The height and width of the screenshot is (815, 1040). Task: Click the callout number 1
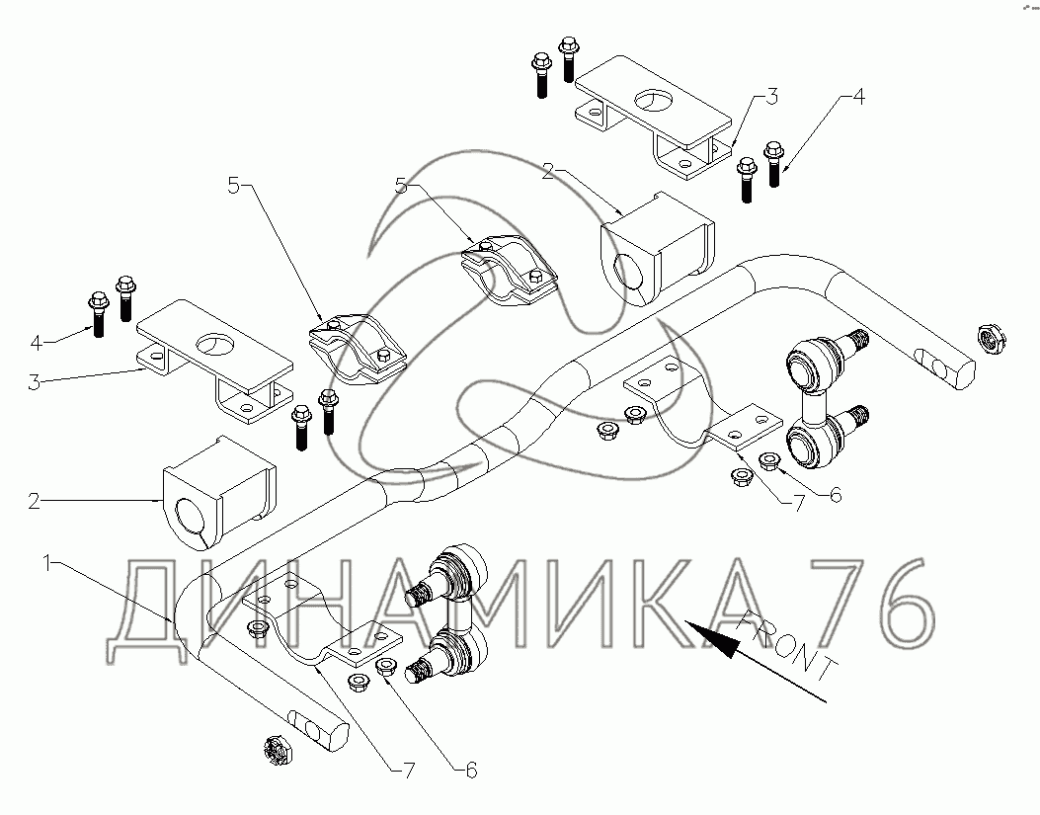coord(46,564)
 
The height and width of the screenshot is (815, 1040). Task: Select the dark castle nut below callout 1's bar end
coord(278,751)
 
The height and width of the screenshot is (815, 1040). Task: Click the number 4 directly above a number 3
coord(37,343)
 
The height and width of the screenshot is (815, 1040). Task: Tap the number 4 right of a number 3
coord(857,97)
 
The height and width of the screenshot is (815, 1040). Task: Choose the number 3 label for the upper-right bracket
coord(771,97)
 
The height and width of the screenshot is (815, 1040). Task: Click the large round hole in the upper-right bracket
coord(653,100)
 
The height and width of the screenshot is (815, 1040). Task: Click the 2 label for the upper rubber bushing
coord(548,172)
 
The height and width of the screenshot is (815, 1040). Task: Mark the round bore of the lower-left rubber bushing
coord(193,518)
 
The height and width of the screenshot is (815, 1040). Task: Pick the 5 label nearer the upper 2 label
coord(401,187)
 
